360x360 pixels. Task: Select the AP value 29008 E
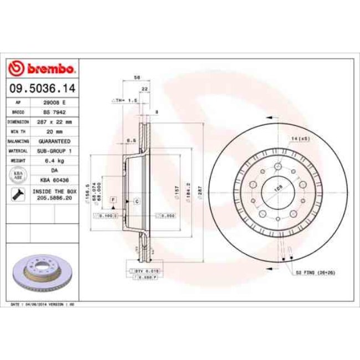54,104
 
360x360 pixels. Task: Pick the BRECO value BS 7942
54,112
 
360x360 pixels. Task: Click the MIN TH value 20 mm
54,132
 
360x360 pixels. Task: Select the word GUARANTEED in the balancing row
54,141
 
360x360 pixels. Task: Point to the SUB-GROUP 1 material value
54,150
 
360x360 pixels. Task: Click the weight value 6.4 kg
54,161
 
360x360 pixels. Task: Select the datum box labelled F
113,199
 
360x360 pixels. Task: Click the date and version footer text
43,305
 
